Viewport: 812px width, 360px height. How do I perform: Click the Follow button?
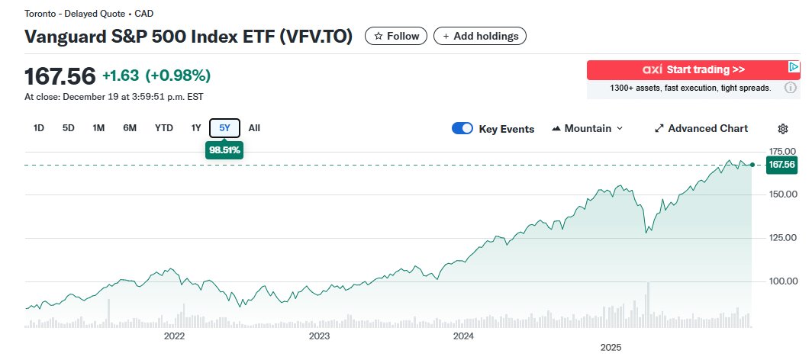click(396, 36)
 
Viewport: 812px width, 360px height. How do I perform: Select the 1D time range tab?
click(39, 128)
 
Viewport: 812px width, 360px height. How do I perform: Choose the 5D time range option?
click(69, 128)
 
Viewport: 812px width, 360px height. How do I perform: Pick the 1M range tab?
click(98, 128)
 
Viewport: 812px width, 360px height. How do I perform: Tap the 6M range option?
click(130, 128)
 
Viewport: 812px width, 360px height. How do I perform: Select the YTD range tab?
click(164, 128)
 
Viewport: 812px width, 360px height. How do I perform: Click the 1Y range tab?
click(196, 128)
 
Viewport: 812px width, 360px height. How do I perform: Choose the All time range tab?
click(254, 128)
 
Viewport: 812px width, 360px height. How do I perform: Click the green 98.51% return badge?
click(224, 150)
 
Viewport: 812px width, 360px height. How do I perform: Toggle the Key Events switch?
click(462, 128)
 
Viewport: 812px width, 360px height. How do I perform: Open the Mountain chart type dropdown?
click(587, 128)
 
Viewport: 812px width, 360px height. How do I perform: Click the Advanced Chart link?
click(701, 128)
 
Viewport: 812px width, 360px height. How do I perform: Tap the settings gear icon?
click(782, 129)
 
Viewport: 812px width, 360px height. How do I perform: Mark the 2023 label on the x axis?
click(319, 336)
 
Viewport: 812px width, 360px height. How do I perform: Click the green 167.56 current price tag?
click(781, 165)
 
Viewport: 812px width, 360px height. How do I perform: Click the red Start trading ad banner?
click(693, 70)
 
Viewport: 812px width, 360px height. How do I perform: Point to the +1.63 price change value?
click(120, 76)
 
